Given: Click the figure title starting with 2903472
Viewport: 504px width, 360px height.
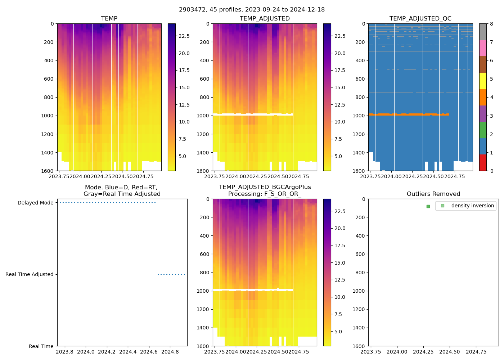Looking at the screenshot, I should tap(252, 10).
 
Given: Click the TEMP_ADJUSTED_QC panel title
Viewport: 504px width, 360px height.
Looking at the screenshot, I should tap(420, 19).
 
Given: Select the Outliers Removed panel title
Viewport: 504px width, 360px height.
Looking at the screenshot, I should tap(433, 194).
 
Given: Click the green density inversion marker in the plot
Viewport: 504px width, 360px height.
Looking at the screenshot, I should tap(428, 206).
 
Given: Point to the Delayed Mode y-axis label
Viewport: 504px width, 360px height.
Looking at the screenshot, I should tap(35, 203).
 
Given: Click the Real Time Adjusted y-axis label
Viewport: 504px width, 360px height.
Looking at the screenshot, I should tap(29, 274).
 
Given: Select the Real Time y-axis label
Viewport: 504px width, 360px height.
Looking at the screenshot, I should tap(41, 346).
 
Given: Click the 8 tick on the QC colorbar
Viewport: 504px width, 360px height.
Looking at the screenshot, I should tap(491, 24).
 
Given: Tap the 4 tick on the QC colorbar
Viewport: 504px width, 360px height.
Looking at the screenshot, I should tap(491, 97).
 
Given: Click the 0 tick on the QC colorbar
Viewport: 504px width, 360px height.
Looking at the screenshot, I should tap(491, 171).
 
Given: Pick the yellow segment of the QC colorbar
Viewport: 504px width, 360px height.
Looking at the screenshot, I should tap(483, 81).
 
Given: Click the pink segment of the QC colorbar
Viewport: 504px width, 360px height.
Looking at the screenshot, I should tap(483, 48).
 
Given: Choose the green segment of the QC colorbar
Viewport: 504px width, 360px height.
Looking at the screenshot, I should tap(483, 130).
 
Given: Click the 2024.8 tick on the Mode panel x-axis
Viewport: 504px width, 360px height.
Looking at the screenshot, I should tap(170, 352).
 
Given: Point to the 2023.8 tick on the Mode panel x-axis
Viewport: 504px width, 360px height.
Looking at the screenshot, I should tap(65, 352).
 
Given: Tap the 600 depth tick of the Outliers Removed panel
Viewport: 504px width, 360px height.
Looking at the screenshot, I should tap(361, 254).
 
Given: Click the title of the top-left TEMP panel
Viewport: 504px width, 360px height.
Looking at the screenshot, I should tap(109, 19).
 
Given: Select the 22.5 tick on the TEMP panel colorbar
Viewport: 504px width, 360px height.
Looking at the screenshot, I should tap(184, 36).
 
